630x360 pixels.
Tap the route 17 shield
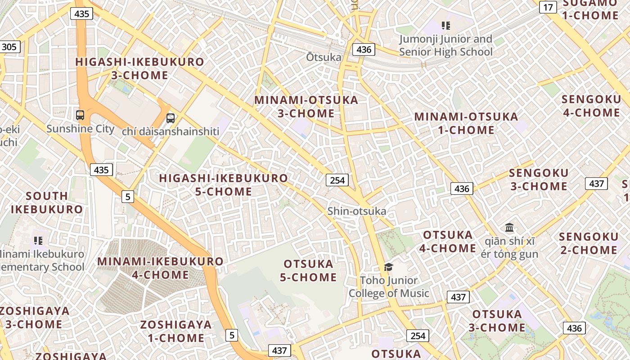pos(548,7)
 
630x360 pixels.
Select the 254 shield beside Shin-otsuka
pos(337,180)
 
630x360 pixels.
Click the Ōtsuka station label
pos(324,58)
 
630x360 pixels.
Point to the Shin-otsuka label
pos(357,211)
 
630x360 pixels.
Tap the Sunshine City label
pos(81,129)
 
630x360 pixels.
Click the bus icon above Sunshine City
pos(80,115)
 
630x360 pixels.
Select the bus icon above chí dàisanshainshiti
pos(171,118)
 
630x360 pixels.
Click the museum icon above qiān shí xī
pos(509,228)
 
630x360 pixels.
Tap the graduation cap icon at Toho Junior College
pos(388,267)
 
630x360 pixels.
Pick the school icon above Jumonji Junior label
pos(445,26)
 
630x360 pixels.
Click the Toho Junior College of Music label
pos(389,287)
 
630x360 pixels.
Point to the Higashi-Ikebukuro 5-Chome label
pos(223,184)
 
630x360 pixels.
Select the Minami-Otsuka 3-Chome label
pos(306,107)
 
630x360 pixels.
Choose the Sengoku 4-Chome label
pos(591,106)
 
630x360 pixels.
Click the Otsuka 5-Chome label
pos(308,270)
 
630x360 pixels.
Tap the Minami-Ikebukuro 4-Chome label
pos(160,268)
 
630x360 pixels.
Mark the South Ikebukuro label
pos(47,202)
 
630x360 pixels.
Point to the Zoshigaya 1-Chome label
pos(176,331)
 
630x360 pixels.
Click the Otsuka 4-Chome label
pos(448,241)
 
